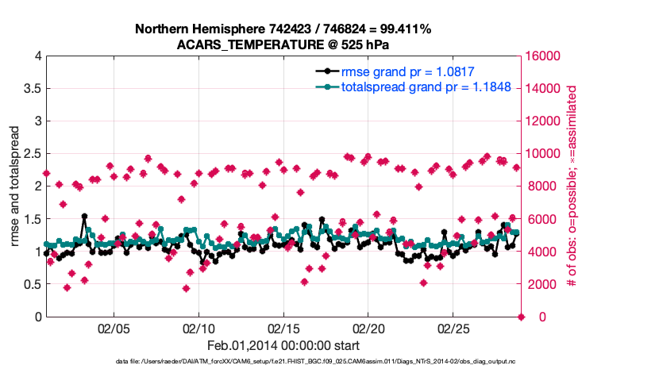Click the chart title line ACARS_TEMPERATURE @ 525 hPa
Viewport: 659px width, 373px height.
point(283,44)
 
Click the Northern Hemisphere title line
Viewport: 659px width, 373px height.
point(283,29)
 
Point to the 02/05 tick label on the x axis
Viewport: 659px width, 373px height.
point(114,328)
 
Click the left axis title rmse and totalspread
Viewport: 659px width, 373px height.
point(15,186)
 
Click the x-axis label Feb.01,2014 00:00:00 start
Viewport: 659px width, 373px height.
point(283,345)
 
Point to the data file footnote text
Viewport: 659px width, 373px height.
point(328,362)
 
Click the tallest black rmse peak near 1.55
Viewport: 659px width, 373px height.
point(84,216)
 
